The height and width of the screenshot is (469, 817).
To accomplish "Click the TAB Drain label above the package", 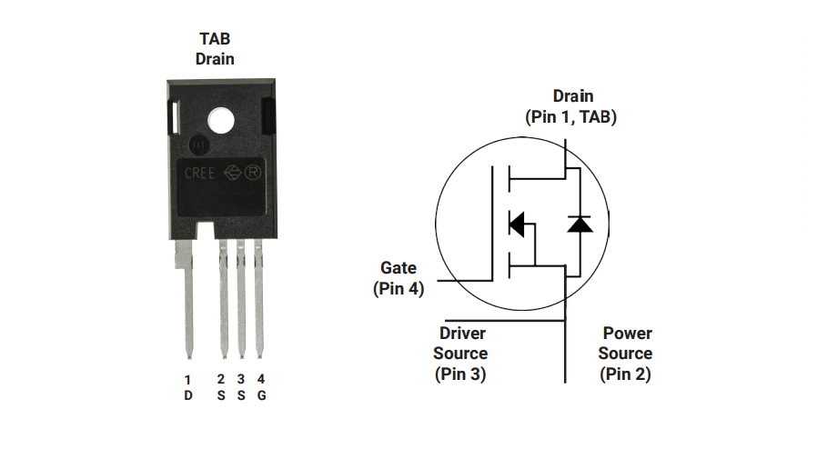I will click(x=215, y=49).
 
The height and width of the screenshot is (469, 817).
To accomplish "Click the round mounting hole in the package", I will click(x=219, y=121).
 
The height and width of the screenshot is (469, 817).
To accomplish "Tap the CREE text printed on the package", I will click(x=200, y=173).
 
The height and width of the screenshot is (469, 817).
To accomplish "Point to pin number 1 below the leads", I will click(x=188, y=379).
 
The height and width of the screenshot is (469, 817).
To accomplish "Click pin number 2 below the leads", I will click(x=221, y=379).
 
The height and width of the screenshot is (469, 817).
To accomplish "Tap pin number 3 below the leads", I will click(x=241, y=379).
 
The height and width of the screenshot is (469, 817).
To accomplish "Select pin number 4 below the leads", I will click(x=261, y=379).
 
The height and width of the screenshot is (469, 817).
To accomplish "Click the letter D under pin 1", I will click(x=188, y=395).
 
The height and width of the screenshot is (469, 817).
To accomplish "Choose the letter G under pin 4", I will click(x=261, y=395).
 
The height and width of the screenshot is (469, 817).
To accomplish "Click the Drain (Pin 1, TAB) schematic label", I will click(x=571, y=106).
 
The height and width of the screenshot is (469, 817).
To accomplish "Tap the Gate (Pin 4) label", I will click(x=398, y=278).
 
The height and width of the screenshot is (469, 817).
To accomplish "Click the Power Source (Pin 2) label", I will click(x=626, y=354).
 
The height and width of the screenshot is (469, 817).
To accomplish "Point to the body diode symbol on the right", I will click(x=580, y=224).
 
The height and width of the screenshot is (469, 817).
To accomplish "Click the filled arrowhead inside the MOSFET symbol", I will click(x=517, y=224).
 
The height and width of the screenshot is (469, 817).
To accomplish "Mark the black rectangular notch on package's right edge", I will click(x=268, y=117).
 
